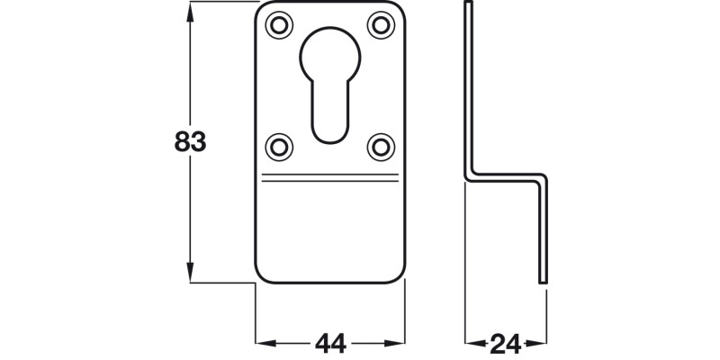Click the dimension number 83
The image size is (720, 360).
190,142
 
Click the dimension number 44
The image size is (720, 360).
330,343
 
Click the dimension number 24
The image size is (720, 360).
504,343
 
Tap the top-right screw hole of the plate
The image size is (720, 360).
381,24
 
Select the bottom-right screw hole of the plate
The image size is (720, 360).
381,143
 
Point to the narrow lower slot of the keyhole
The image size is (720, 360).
331,112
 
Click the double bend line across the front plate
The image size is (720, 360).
331,176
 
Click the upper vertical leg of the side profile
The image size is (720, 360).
468,90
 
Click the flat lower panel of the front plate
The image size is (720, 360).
331,229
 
